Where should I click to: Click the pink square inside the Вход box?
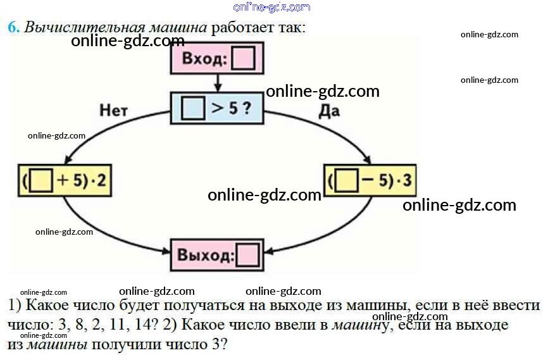(244, 60)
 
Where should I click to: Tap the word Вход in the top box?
(203, 60)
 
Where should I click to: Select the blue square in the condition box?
(192, 108)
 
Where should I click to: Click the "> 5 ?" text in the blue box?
(231, 108)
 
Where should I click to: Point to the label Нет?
(114, 110)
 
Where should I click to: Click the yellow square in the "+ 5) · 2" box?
(41, 182)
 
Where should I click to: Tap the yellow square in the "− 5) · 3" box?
(346, 182)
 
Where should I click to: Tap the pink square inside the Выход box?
(247, 256)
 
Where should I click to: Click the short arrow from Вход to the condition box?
(217, 83)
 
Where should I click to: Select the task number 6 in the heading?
(12, 27)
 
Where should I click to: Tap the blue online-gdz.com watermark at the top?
(271, 8)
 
